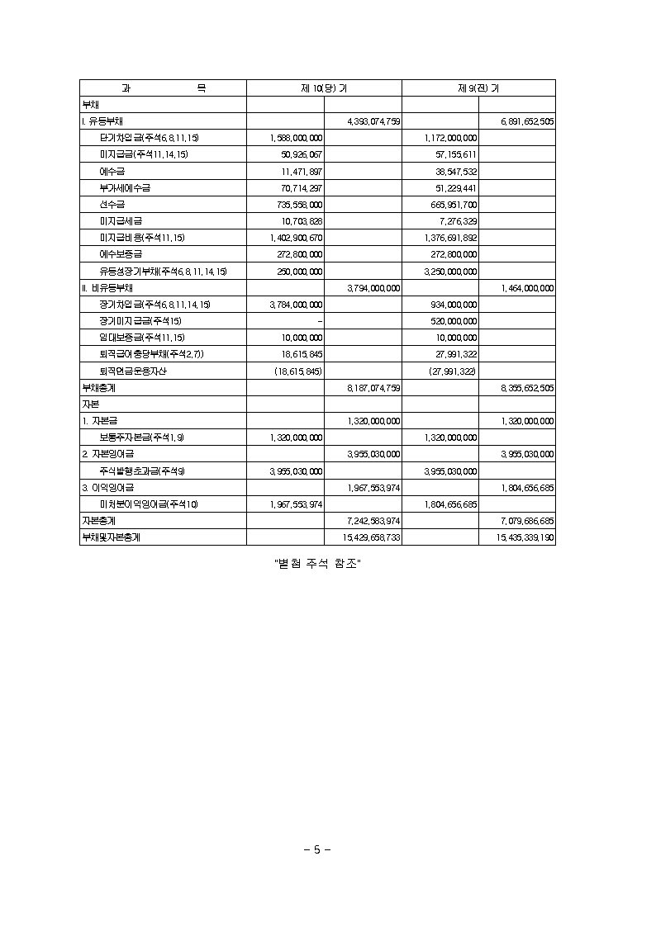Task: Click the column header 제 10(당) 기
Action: point(324,88)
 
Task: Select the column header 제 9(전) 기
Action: point(478,88)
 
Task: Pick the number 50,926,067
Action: point(301,154)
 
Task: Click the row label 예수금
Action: point(112,171)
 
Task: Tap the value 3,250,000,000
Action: point(450,272)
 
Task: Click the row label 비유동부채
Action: point(107,288)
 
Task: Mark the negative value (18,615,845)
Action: point(298,371)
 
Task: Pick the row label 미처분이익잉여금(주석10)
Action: point(149,504)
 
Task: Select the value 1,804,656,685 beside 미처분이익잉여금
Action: point(450,504)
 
